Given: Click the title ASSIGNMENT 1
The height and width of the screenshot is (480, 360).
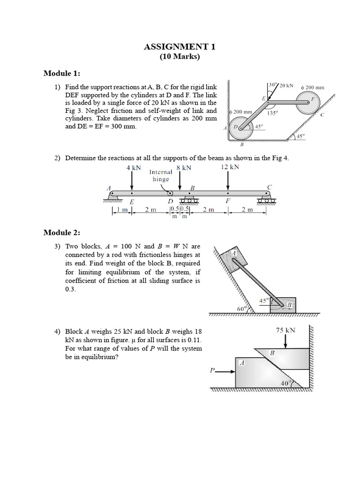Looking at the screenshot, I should click(180, 46).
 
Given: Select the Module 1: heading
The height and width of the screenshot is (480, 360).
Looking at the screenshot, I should click(62, 73).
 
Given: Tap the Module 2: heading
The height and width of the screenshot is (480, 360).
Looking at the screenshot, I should click(62, 232).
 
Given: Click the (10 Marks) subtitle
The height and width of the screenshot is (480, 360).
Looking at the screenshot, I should click(180, 57).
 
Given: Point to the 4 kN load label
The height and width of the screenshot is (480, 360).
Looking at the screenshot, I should click(133, 167).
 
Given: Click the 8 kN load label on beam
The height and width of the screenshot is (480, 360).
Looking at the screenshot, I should click(183, 168).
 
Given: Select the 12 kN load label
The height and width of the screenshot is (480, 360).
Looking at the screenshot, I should click(229, 167).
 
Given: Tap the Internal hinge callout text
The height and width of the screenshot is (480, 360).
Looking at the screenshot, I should click(161, 175).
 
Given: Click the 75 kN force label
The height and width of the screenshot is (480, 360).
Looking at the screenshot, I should click(285, 330).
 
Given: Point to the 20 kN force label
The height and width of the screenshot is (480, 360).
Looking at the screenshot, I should click(286, 86).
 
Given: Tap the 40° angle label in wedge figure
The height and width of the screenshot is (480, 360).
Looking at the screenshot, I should click(285, 383).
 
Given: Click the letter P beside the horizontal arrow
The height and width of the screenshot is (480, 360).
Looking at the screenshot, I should click(212, 370).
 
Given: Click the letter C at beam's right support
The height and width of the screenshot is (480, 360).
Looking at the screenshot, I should click(269, 187).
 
